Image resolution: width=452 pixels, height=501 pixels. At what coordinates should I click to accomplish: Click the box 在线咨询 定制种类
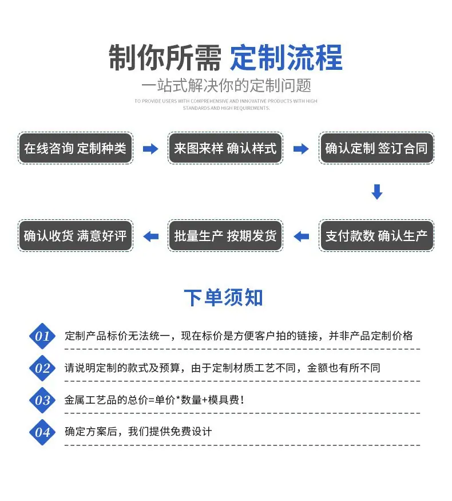pos(76,148)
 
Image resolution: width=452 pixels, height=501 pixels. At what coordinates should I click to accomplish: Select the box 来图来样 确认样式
pos(225,148)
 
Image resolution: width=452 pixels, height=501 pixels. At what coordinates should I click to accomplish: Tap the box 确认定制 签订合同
pos(376,148)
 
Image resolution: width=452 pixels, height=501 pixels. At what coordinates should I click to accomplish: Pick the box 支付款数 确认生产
pos(376,236)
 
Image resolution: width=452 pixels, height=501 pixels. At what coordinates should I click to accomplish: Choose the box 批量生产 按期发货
pos(225,236)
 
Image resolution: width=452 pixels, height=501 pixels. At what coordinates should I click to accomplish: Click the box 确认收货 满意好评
pos(76,236)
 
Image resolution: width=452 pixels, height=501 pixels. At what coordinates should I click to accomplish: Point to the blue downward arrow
pos(377,192)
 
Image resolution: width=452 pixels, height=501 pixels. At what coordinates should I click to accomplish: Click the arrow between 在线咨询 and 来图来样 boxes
pos(150,148)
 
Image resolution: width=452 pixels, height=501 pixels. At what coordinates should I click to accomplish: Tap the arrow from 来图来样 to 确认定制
pos(301,148)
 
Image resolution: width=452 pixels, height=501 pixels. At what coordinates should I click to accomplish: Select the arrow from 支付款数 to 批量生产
pos(301,236)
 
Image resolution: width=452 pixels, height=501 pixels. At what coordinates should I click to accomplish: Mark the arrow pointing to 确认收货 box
pos(150,236)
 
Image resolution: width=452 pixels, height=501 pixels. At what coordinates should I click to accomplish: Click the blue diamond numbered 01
pos(42,336)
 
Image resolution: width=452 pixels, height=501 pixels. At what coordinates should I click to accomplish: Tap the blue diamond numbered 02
pos(42,368)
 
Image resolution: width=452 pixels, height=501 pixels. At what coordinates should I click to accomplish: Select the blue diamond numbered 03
pos(42,400)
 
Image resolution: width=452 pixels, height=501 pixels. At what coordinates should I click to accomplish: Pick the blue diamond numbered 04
pos(42,432)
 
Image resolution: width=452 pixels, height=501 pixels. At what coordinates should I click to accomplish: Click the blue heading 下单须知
pos(224,298)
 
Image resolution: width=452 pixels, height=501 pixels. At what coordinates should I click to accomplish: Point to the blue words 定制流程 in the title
pos(286,57)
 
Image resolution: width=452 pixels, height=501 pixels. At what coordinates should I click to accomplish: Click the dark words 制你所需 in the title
pos(165,57)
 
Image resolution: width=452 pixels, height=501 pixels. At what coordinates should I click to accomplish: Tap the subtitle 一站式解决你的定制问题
pos(226,85)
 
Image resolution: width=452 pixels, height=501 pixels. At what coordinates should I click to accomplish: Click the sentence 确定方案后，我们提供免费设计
pos(138,432)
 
